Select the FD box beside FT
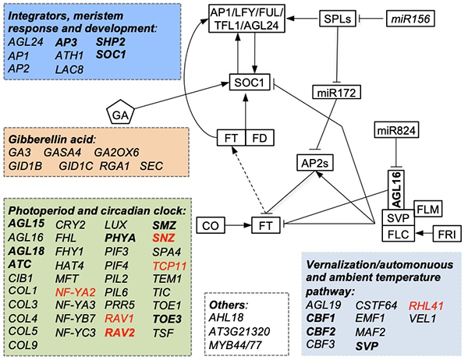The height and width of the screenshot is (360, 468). (x=261, y=139)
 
